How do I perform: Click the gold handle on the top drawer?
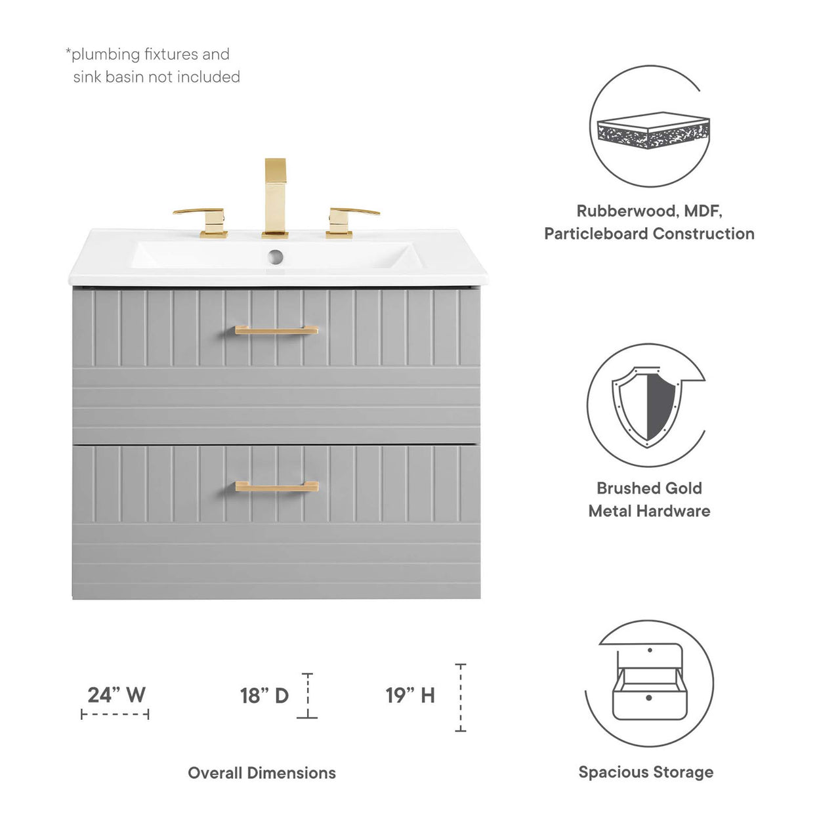(x=276, y=330)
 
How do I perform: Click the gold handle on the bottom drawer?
(x=276, y=486)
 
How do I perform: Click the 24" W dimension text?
(x=116, y=694)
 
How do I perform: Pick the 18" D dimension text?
(x=264, y=696)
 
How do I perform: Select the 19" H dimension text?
(x=410, y=696)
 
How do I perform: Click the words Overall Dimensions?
(x=261, y=773)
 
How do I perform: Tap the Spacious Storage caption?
(x=646, y=772)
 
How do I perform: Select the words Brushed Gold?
(x=649, y=488)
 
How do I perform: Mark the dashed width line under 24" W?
(x=115, y=714)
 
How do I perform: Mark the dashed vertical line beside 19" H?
(x=461, y=698)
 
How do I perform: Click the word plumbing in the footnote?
(x=106, y=54)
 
